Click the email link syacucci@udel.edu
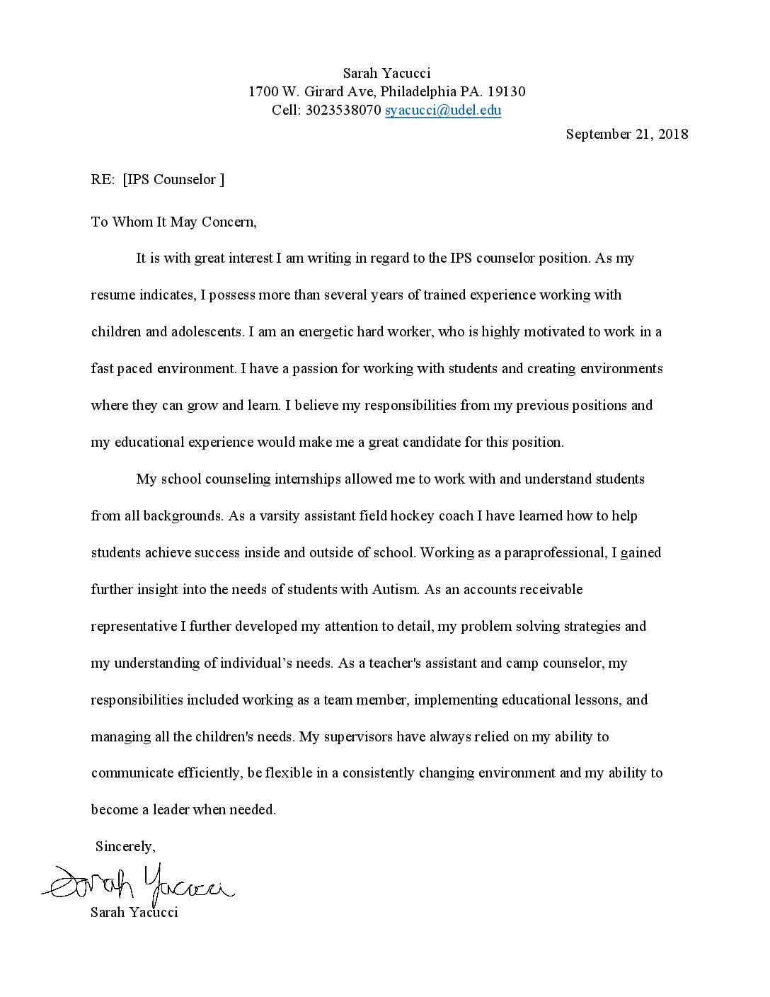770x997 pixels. point(443,110)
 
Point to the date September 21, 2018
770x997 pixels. point(626,135)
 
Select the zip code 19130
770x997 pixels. point(507,92)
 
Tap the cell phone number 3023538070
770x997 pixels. point(343,110)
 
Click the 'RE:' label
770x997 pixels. point(103,180)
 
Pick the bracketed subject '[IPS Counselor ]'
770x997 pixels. point(173,180)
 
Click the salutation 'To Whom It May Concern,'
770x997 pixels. point(173,222)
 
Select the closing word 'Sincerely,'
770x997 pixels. point(125,847)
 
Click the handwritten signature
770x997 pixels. point(138,884)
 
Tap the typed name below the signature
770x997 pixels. point(134,912)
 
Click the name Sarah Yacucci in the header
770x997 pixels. point(386,74)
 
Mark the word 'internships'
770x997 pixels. point(308,479)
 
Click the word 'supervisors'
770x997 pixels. point(357,737)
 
